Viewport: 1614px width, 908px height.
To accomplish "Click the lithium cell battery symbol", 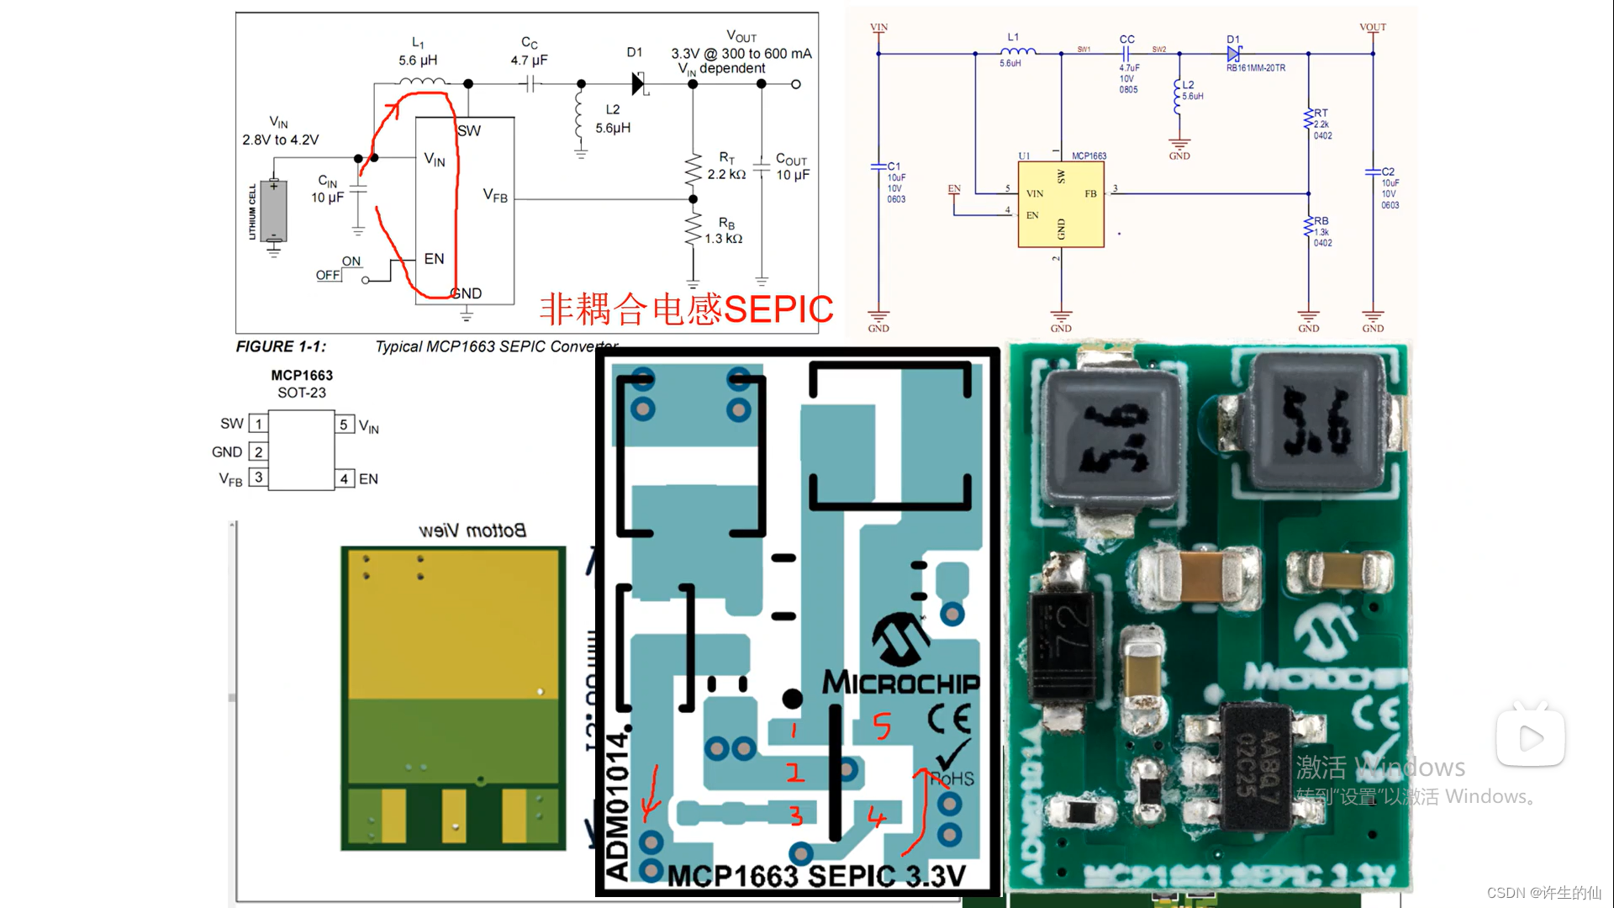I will [273, 210].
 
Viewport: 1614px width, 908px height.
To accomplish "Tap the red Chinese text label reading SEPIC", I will [686, 309].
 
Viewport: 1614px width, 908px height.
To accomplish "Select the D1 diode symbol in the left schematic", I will [638, 83].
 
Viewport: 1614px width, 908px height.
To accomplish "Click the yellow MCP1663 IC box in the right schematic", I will [1060, 204].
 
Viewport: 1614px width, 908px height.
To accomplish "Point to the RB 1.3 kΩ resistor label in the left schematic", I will [724, 230].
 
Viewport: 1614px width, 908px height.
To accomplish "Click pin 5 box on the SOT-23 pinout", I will [344, 425].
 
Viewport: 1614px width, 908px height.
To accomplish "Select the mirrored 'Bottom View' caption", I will [472, 531].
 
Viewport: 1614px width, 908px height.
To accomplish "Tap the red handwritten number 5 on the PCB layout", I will [881, 726].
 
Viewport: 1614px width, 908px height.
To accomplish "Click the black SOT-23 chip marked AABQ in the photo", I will [1256, 766].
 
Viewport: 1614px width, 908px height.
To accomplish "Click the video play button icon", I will [1530, 738].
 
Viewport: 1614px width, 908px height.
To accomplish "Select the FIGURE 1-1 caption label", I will [281, 346].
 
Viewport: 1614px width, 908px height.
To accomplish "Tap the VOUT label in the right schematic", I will [1372, 27].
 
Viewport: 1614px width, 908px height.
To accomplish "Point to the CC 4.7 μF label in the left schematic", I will [529, 51].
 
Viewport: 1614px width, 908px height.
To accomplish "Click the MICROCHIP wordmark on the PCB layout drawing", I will [900, 682].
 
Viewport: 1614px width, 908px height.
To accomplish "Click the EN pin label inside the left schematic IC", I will [434, 259].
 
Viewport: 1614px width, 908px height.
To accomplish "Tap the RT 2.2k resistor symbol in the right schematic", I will [1308, 119].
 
